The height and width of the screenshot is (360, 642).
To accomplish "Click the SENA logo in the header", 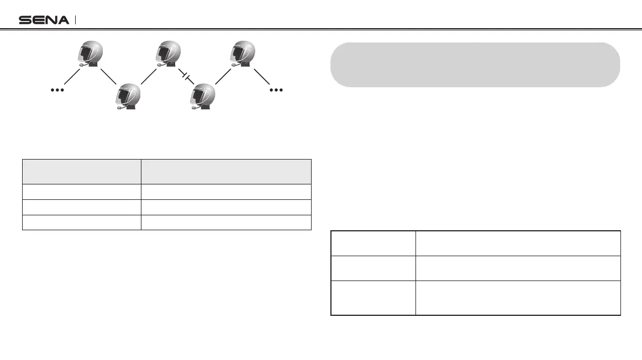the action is tap(44, 20).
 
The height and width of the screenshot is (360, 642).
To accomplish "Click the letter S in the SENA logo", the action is tap(25, 20).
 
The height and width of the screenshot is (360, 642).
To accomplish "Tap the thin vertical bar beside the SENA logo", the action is tap(75, 20).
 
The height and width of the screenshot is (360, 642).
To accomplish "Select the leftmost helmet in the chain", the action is tap(89, 55).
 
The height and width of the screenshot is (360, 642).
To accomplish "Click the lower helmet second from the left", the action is tap(127, 97).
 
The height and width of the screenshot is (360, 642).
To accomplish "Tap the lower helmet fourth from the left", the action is tap(203, 97).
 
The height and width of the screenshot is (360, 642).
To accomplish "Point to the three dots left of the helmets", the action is tap(57, 89).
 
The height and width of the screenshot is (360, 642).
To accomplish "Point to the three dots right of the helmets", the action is tap(276, 89).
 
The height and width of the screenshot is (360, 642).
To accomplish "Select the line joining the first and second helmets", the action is tap(108, 76).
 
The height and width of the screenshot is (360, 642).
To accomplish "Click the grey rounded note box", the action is tap(475, 65).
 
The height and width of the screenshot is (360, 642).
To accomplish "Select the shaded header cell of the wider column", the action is tap(226, 171).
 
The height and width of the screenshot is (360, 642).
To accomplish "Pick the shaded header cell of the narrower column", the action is tap(81, 171).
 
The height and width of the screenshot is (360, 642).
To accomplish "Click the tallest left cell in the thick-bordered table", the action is tap(373, 298).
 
